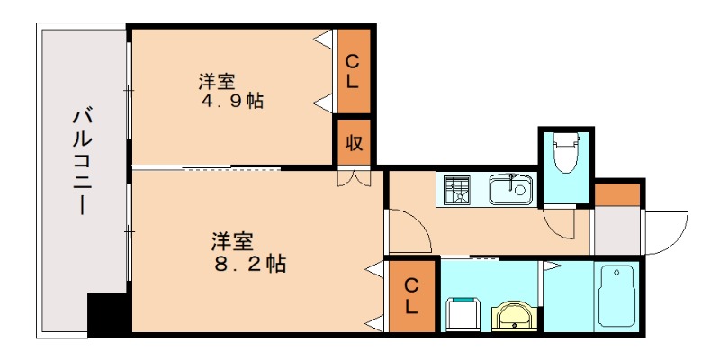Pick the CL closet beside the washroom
click(x=411, y=296)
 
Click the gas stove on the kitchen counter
click(x=457, y=190)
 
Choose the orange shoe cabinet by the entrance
click(x=616, y=193)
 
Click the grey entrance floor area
click(x=616, y=231)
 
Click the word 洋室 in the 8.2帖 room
click(x=232, y=241)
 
